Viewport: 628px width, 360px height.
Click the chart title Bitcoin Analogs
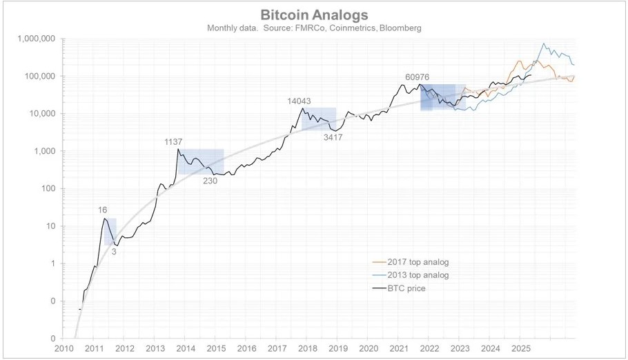point(314,14)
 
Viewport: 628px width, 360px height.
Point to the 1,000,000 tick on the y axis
point(35,39)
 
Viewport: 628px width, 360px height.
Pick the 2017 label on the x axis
point(277,350)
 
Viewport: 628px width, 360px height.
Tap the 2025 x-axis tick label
point(521,350)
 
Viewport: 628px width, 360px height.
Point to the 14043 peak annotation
point(299,101)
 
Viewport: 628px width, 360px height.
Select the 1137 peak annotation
point(173,141)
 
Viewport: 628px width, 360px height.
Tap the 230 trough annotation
point(210,181)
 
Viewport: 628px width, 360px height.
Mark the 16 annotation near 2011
point(103,210)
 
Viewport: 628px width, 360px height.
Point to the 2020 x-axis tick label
point(369,350)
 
